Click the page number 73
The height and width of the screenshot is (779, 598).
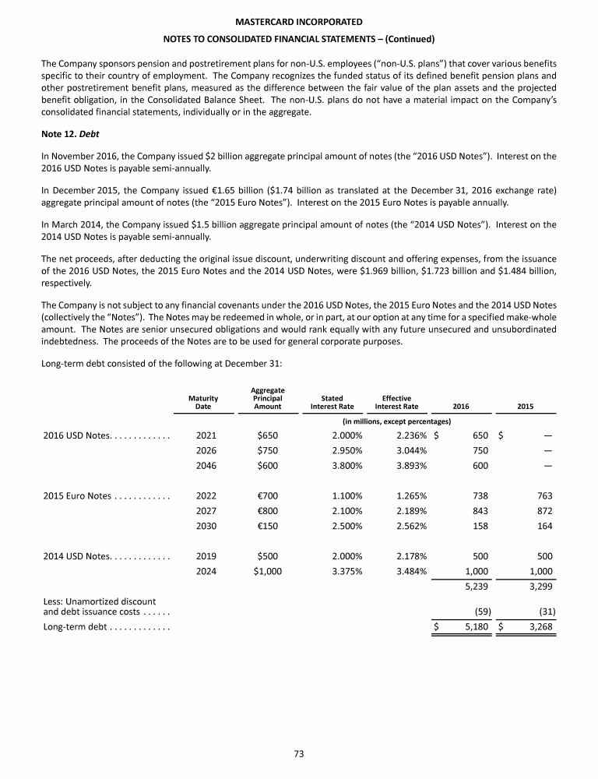[299, 753]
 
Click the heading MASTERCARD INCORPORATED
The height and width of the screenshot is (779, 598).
[299, 21]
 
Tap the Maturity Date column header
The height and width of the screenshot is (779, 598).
[203, 402]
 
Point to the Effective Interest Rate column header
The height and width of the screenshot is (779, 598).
[396, 402]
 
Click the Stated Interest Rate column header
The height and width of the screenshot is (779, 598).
[332, 402]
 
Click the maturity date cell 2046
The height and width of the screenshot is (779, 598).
[206, 466]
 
